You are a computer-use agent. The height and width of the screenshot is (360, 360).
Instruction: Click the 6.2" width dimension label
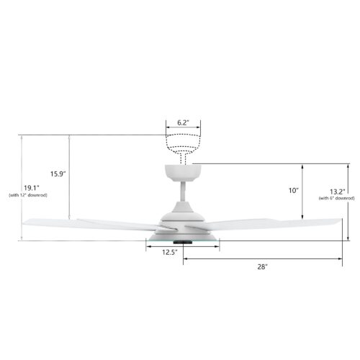click(x=183, y=122)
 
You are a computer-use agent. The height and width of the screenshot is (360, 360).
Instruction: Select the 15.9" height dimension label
click(x=58, y=174)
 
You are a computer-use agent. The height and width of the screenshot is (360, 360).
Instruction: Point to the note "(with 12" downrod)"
click(x=28, y=195)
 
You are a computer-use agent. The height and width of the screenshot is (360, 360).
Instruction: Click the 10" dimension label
click(x=294, y=191)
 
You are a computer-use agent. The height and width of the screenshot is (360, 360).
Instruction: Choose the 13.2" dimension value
click(x=337, y=192)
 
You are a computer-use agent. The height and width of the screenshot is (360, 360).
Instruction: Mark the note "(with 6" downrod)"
click(x=337, y=198)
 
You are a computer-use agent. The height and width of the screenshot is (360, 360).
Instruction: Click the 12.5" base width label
click(x=170, y=252)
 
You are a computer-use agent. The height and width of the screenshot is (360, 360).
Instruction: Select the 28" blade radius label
click(x=262, y=266)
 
